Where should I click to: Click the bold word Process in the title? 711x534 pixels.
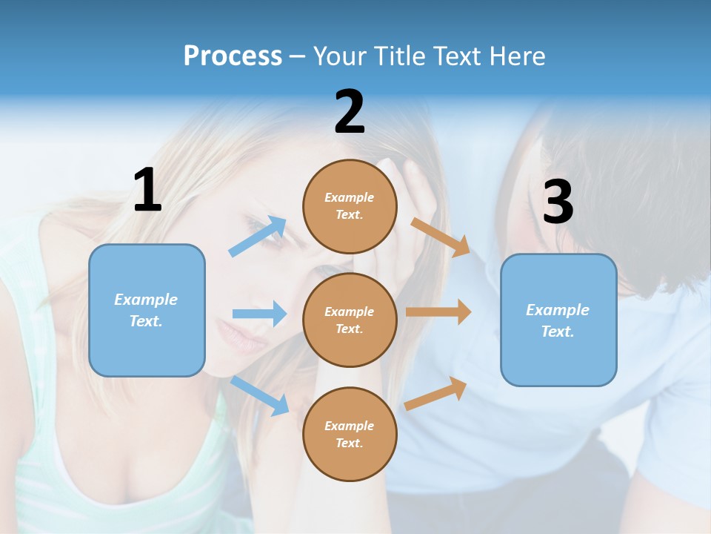[x=233, y=56]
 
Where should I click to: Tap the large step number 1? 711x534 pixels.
[x=147, y=190]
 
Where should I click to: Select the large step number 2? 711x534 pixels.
[x=350, y=112]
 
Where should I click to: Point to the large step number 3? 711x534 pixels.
[x=558, y=202]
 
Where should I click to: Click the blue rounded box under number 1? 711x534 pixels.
[x=147, y=310]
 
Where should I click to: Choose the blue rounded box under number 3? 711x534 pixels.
[x=558, y=320]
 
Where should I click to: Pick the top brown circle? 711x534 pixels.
[x=350, y=205]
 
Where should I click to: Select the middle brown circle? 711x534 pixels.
[x=350, y=320]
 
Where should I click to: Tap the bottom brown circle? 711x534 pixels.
[x=350, y=434]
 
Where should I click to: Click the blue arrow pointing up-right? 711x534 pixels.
[x=258, y=237]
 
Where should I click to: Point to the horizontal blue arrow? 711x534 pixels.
[x=259, y=314]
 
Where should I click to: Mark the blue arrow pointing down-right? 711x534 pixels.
[x=260, y=395]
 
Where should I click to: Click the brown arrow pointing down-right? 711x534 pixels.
[x=441, y=237]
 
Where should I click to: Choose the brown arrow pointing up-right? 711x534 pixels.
[x=435, y=393]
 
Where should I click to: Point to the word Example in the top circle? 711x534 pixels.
[x=350, y=197]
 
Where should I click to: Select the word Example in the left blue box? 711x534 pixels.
[x=146, y=300]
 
